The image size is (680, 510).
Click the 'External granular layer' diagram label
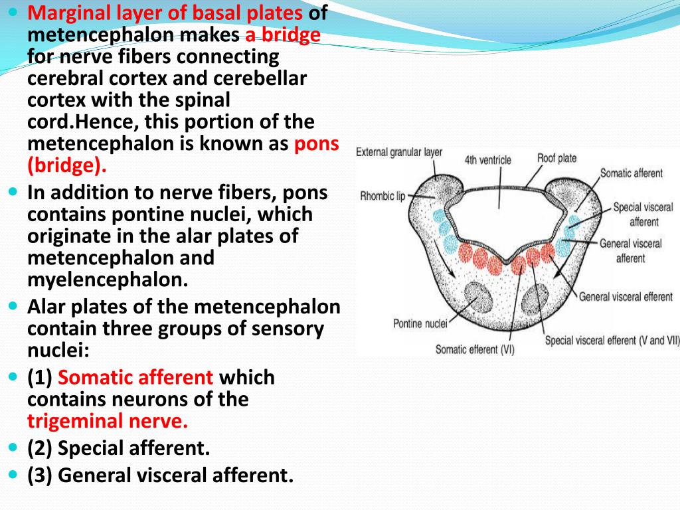(398, 152)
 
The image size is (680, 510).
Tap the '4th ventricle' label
(487, 160)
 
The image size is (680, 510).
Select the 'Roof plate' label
(556, 158)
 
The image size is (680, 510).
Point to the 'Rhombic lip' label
(382, 196)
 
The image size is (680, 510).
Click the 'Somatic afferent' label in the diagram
(631, 173)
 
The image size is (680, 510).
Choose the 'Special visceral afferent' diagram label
(642, 214)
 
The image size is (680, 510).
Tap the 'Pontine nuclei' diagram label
(420, 324)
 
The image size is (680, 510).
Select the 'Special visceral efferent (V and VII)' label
(612, 341)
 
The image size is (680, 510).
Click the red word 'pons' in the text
(316, 143)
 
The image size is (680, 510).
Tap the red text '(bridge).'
(67, 165)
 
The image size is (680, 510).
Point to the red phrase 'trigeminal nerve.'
(108, 420)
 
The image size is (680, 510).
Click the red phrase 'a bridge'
(282, 35)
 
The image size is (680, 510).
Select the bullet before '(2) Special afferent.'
(15, 448)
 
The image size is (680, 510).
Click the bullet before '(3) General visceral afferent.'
(15, 475)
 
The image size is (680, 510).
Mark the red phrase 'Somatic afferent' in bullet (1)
(135, 377)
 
